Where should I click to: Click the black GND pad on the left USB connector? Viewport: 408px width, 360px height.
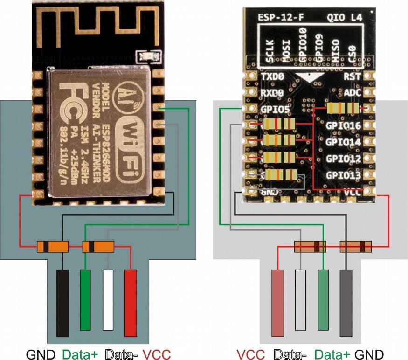(x=62, y=303)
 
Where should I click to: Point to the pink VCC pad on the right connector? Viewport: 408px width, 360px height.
(x=278, y=303)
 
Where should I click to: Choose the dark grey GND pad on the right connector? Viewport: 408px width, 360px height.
(x=346, y=303)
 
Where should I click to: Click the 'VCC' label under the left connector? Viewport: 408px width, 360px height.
(x=157, y=354)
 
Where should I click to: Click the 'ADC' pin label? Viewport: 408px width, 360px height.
(x=353, y=93)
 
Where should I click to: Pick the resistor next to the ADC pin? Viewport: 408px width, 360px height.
(x=343, y=109)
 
